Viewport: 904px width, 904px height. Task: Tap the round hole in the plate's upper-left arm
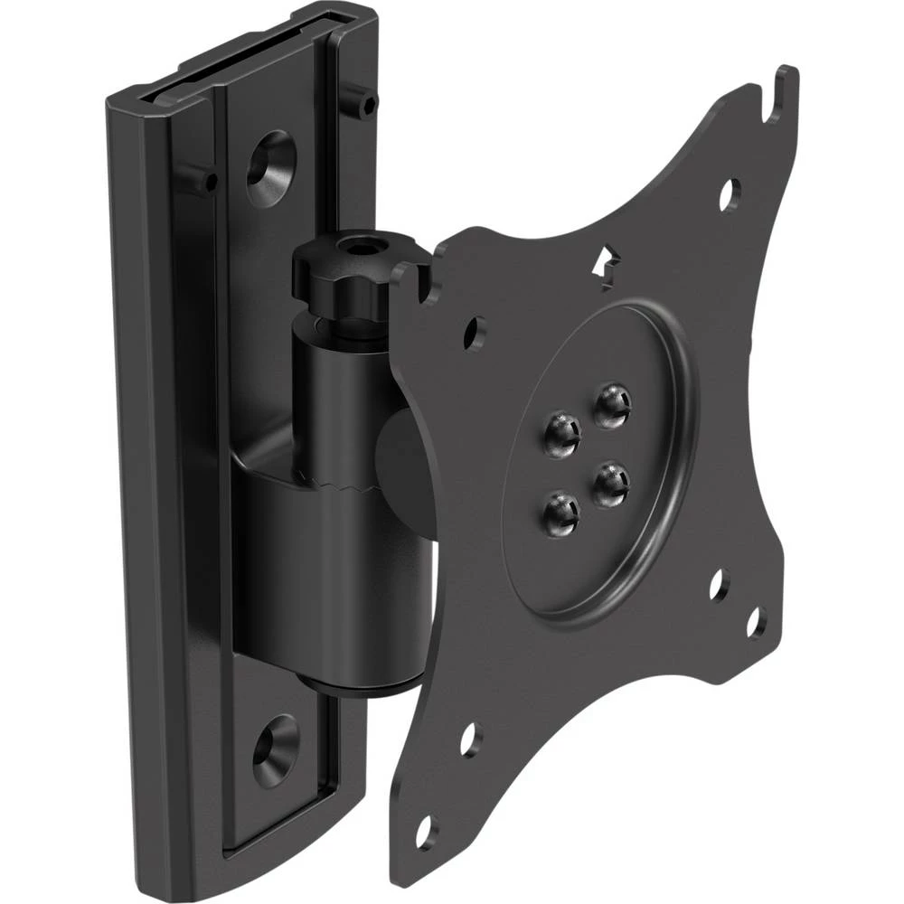pos(473,333)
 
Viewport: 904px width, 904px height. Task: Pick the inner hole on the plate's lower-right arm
pos(719,586)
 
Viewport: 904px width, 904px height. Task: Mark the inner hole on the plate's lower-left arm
pos(470,739)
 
